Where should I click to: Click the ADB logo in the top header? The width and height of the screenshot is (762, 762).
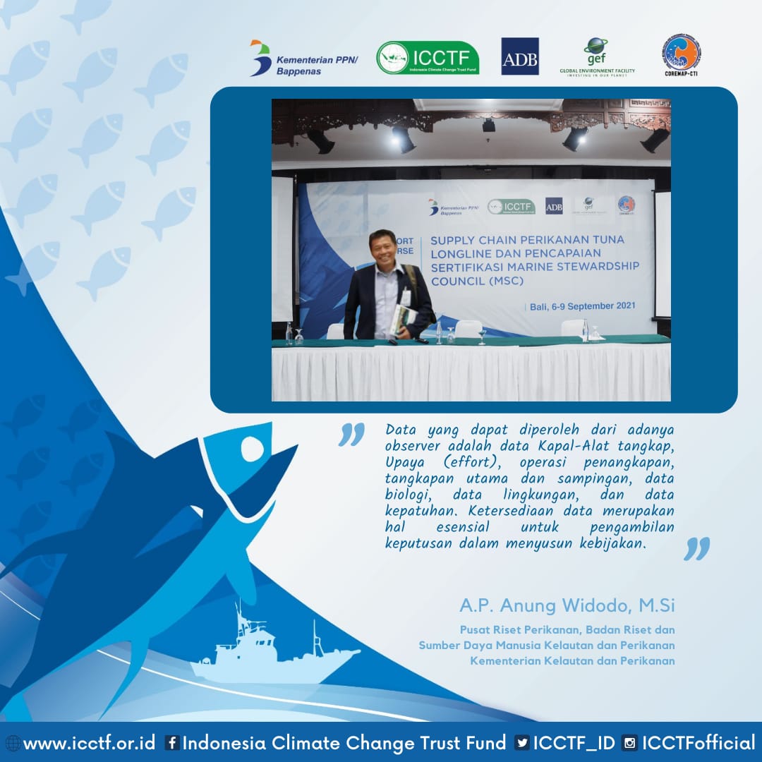(520, 56)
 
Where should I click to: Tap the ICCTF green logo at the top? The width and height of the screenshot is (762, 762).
(428, 58)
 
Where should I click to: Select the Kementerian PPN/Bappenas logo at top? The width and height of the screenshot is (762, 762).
(305, 58)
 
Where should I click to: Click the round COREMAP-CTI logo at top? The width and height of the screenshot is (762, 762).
(681, 53)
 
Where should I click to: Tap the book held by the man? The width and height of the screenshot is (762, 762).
(400, 320)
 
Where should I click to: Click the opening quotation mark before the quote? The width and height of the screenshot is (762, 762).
(351, 435)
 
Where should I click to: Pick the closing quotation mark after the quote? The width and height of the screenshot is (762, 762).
(696, 548)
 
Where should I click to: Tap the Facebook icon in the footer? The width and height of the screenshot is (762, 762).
(171, 743)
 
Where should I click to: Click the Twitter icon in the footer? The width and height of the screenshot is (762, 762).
(522, 743)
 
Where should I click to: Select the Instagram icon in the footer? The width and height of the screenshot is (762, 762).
(630, 743)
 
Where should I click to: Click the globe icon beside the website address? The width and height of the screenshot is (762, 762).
(12, 743)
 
